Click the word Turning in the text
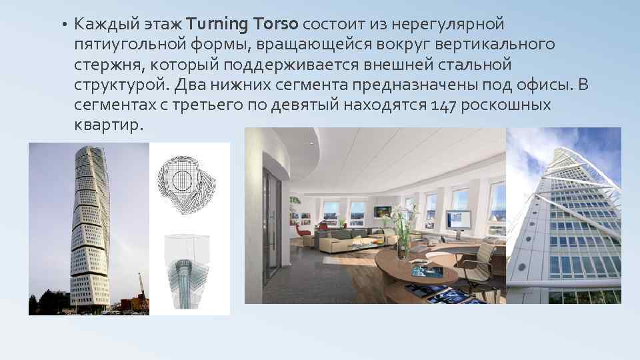tap(217, 25)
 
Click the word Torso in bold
tap(275, 25)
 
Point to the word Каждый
tap(105, 25)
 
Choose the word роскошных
tap(511, 105)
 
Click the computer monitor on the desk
tap(455, 221)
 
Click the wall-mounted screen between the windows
tap(381, 211)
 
